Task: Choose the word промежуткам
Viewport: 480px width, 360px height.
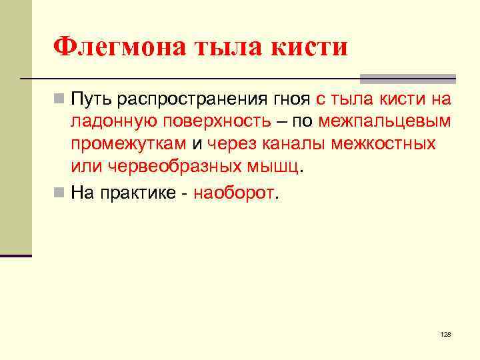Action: (129, 143)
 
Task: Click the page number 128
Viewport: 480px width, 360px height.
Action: (446, 333)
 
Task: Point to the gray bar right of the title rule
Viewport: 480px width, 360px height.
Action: (407, 78)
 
